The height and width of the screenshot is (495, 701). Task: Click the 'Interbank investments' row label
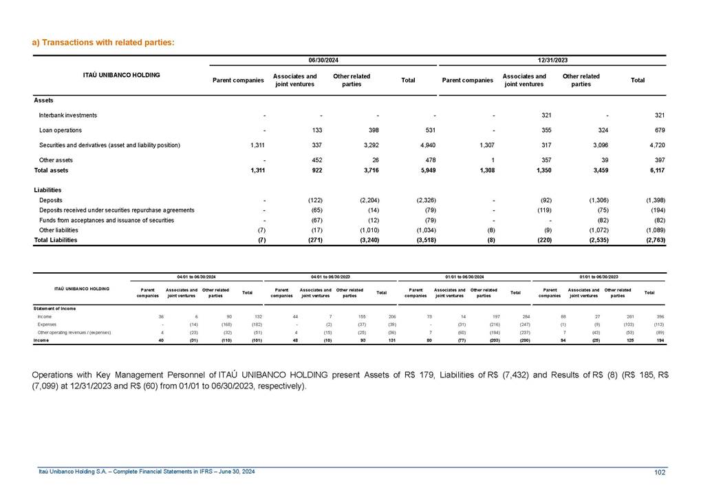tap(68, 115)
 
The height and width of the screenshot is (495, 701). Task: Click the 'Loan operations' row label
tap(61, 130)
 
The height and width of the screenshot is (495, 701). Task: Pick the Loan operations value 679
tap(658, 130)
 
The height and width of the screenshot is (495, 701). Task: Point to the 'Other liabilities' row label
tap(61, 230)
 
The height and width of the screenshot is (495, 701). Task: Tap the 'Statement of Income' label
tap(54, 308)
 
